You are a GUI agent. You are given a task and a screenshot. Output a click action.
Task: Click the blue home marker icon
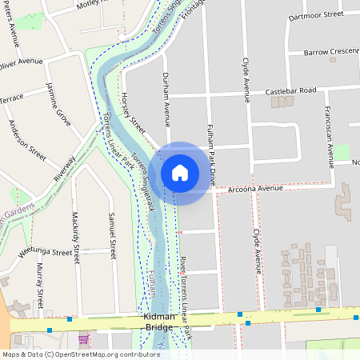click(180, 173)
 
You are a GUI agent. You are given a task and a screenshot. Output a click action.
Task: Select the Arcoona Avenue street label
click(256, 189)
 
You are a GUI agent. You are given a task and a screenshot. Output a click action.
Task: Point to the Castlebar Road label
click(291, 91)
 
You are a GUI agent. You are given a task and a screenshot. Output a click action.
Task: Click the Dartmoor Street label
click(315, 14)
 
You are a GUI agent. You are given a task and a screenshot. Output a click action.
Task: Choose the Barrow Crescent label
click(331, 52)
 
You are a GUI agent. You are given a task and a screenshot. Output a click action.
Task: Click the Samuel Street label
click(112, 232)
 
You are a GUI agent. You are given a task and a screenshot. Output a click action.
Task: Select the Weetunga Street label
click(45, 254)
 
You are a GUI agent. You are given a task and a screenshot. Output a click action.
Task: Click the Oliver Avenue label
click(22, 62)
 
